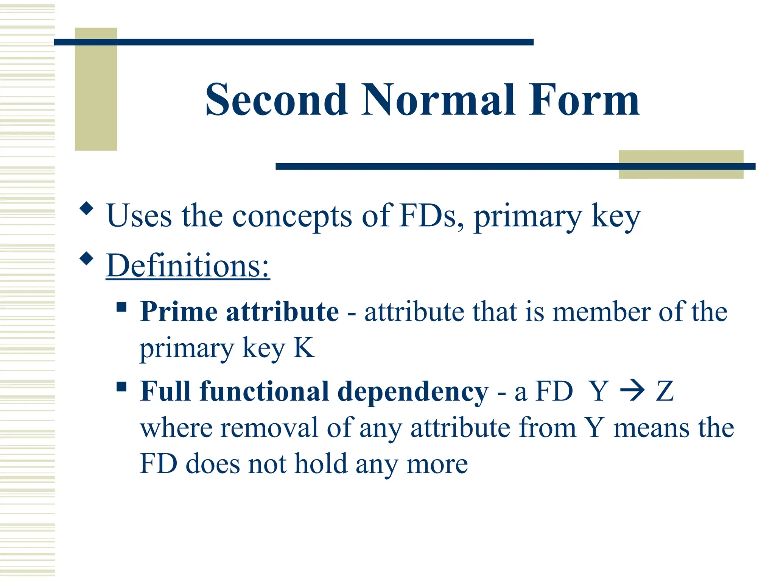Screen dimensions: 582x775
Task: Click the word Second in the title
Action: coord(276,100)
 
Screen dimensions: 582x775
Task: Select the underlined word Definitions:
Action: coord(188,266)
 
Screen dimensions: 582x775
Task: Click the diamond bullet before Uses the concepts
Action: coord(87,209)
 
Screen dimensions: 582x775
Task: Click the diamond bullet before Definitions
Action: coord(87,259)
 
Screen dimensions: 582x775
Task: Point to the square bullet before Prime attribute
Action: coord(121,307)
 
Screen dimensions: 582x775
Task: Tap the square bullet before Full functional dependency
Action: coord(121,387)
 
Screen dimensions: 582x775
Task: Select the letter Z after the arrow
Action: coord(665,391)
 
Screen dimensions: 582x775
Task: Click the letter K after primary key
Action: coord(304,347)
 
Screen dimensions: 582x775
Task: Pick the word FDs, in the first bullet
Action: coord(431,216)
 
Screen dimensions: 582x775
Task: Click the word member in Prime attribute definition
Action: coord(601,312)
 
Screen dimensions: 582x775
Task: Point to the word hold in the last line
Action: coord(321,464)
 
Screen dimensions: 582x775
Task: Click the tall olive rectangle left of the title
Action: coord(96,89)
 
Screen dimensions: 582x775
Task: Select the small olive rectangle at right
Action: coord(681,164)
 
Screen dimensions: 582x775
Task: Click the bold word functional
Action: coord(264,391)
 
